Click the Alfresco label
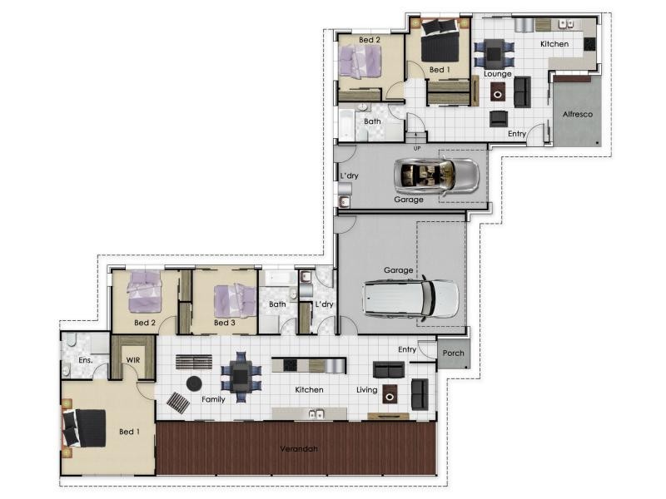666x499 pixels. tap(577, 114)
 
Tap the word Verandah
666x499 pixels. tap(299, 448)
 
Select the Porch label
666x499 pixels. tap(453, 353)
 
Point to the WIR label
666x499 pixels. tap(133, 360)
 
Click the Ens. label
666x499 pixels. tap(86, 360)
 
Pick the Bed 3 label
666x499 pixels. tap(225, 323)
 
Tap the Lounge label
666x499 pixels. tap(497, 74)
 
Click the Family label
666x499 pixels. tap(213, 399)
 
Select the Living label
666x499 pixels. tap(367, 389)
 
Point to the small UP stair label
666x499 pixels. tap(417, 148)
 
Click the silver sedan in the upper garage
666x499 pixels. tap(436, 176)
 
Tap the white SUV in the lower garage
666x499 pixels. tap(410, 298)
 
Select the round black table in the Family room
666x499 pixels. tap(194, 383)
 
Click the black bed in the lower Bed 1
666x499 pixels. tap(85, 427)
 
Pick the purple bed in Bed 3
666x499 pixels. tap(235, 300)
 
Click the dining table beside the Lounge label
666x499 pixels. tap(494, 53)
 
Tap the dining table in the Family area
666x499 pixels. tap(241, 376)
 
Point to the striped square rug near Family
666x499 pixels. tap(178, 403)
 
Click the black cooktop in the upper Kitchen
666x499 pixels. tap(589, 45)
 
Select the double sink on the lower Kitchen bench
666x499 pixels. tap(316, 413)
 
